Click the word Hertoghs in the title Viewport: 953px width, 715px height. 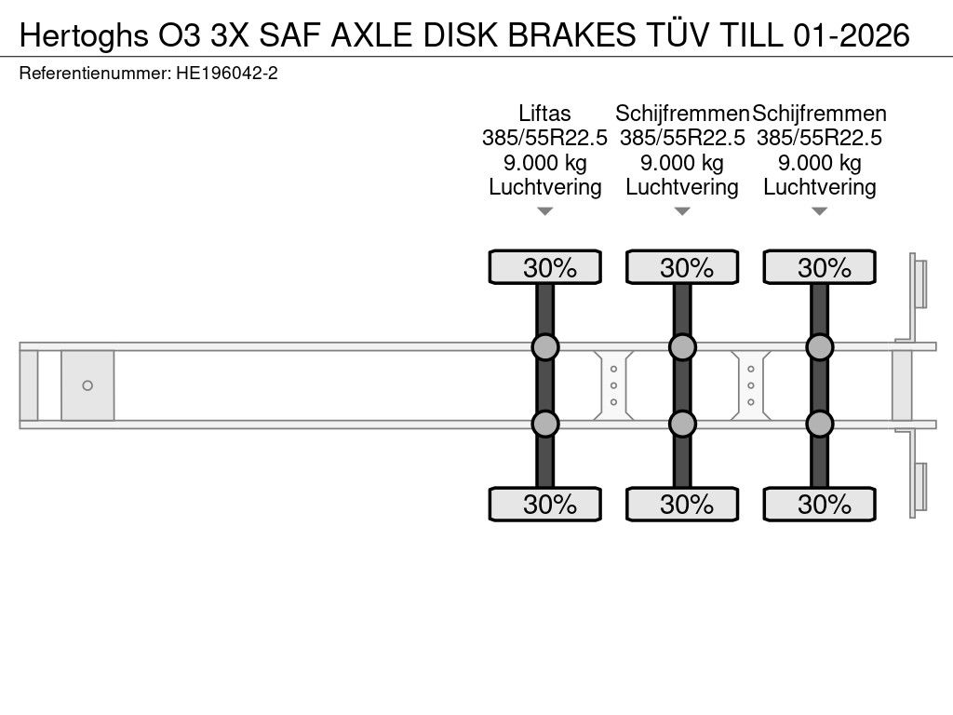pos(85,35)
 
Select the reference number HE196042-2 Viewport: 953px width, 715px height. pos(227,74)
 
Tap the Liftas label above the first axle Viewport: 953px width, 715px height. pos(544,113)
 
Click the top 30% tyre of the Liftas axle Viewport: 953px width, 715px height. pos(545,267)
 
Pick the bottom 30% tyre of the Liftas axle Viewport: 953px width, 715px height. pos(545,504)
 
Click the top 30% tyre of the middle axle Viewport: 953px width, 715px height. pos(682,267)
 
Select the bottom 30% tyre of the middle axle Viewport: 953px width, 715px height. pos(682,504)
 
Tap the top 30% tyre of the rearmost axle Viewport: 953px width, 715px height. pos(819,267)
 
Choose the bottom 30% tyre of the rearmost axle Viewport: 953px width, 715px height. pos(819,504)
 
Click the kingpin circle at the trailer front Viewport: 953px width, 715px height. pos(87,385)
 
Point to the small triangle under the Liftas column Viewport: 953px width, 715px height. pos(545,211)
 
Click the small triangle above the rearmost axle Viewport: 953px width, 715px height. pos(819,211)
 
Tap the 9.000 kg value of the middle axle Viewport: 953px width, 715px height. pos(682,162)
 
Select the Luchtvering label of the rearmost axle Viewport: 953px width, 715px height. pos(819,187)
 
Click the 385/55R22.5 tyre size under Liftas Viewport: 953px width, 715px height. pos(544,138)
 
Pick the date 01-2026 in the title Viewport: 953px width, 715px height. pos(852,35)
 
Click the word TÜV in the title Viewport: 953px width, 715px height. pos(673,34)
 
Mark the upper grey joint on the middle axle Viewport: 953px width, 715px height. pos(682,347)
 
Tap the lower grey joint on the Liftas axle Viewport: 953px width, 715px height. pos(545,424)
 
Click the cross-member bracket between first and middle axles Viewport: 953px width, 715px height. pos(614,385)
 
